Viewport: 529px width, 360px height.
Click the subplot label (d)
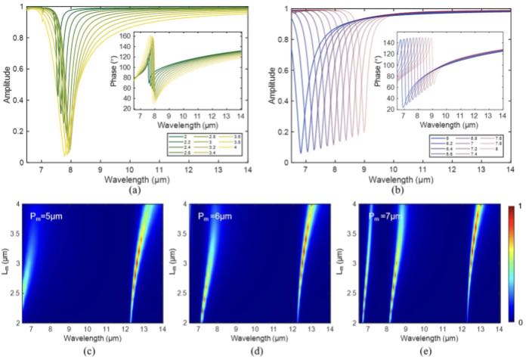(x=249, y=351)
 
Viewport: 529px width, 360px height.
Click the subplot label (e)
(x=420, y=351)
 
